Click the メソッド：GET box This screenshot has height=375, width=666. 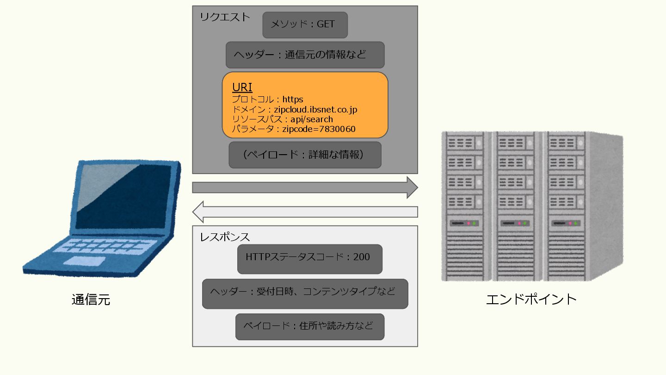pos(305,25)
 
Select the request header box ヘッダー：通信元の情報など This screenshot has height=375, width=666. pos(305,55)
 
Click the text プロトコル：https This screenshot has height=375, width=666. pos(267,100)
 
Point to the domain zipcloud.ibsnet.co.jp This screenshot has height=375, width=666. pos(315,110)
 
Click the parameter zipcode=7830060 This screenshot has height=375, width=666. pos(319,129)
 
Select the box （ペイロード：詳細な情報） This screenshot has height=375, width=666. pos(305,155)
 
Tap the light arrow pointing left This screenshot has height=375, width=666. pos(305,212)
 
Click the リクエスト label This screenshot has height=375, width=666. pos(225,17)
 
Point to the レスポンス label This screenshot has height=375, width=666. pos(225,237)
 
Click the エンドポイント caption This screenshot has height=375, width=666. pos(531,299)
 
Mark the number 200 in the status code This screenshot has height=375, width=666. pos(361,257)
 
